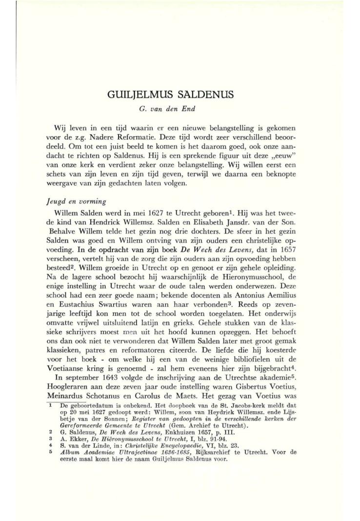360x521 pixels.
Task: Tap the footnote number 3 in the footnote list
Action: (x=51, y=429)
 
